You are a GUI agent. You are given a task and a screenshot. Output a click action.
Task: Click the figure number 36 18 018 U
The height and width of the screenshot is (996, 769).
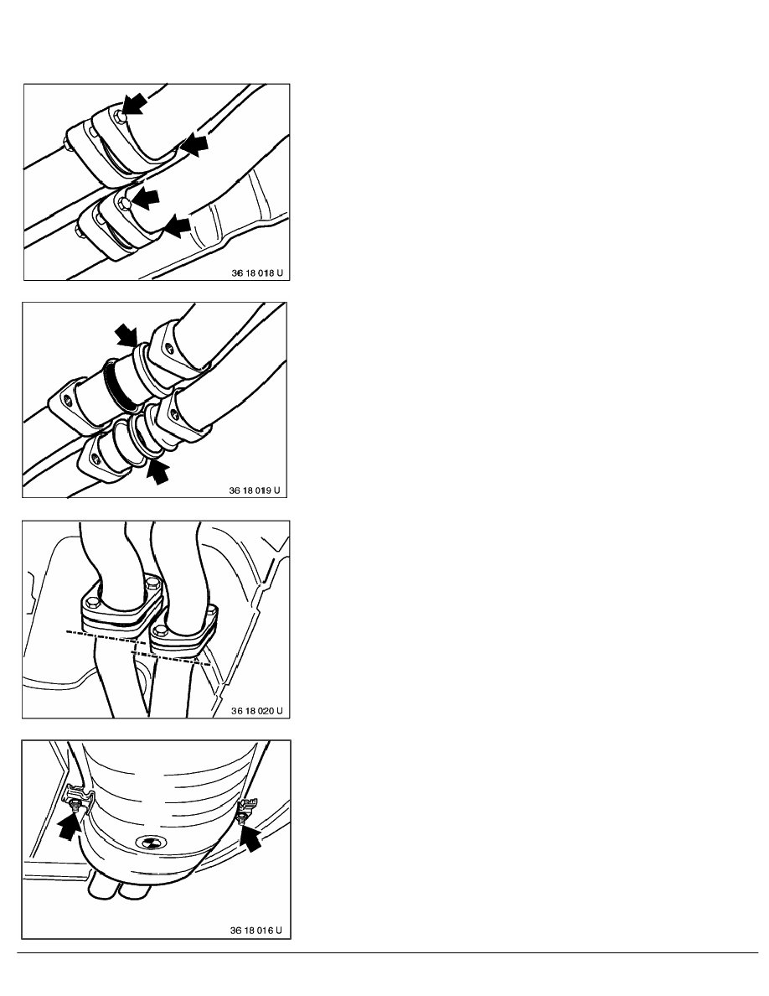point(257,273)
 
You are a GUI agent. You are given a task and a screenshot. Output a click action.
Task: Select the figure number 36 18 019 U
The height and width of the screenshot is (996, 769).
point(255,490)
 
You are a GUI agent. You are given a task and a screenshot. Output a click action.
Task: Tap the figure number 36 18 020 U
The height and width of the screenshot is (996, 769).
point(256,711)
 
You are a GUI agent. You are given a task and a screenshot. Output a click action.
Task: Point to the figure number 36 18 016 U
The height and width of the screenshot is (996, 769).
point(256,931)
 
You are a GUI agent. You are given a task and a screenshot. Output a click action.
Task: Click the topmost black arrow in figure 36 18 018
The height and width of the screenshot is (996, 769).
point(135,103)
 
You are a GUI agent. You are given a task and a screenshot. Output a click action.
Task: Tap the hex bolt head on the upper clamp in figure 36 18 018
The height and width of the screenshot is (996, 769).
point(121,115)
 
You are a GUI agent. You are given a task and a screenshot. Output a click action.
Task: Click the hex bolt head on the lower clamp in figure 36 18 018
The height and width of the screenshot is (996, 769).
point(125,203)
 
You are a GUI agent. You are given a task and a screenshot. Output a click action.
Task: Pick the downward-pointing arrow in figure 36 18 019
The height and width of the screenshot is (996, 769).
point(126,335)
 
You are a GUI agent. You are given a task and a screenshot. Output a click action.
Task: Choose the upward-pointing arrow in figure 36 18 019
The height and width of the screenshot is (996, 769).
point(158,471)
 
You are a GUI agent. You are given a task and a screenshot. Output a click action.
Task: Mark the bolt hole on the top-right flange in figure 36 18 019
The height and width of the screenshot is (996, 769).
point(168,347)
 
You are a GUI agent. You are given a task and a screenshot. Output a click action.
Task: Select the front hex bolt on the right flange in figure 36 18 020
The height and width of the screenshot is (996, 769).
point(160,630)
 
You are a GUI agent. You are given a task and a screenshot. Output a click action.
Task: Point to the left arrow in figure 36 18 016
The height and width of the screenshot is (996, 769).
point(69,827)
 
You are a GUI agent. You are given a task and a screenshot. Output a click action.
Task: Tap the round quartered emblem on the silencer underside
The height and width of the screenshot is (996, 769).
point(152,843)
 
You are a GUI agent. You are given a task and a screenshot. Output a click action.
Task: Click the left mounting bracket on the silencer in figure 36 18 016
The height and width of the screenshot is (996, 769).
point(75,798)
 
